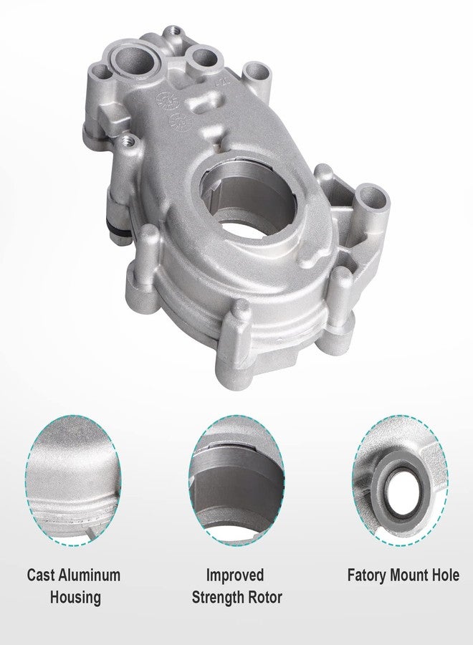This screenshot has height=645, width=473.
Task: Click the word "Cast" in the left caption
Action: [43, 575]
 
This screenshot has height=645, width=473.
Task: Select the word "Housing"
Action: [74, 597]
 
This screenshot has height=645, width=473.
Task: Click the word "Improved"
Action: [235, 575]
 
